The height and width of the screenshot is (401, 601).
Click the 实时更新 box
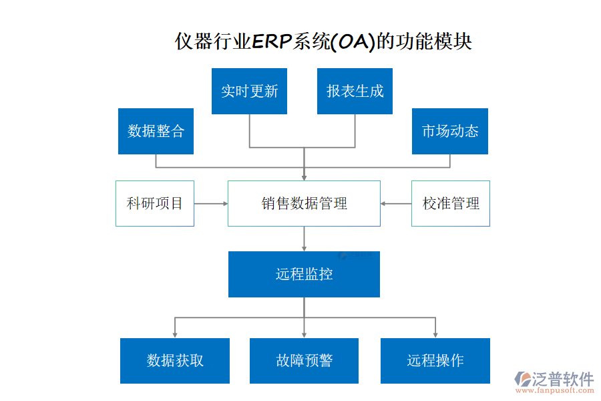[x=249, y=91]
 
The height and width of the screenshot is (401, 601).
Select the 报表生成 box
[x=355, y=91]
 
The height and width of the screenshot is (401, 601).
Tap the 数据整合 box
[x=156, y=131]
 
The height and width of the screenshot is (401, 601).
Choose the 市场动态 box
[x=449, y=131]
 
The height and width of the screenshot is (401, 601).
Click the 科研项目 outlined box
[x=155, y=203]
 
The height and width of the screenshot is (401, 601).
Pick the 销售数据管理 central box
[x=304, y=203]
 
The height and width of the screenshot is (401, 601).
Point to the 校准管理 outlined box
[x=451, y=203]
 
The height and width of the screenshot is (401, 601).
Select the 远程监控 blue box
[x=304, y=274]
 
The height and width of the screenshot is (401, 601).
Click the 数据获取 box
[x=175, y=361]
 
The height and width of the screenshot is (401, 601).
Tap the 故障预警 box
[x=304, y=361]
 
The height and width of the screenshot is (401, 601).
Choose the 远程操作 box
[x=435, y=361]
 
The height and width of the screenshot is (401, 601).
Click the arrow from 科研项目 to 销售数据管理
[x=211, y=203]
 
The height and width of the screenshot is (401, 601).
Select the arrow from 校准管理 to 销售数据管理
[x=396, y=203]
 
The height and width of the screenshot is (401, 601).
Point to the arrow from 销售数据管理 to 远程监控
[x=304, y=239]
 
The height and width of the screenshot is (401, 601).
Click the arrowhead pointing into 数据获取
[x=175, y=333]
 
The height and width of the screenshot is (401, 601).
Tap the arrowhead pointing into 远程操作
[x=435, y=333]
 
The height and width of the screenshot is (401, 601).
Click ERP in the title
[x=271, y=41]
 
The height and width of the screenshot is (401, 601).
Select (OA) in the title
[x=353, y=41]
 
